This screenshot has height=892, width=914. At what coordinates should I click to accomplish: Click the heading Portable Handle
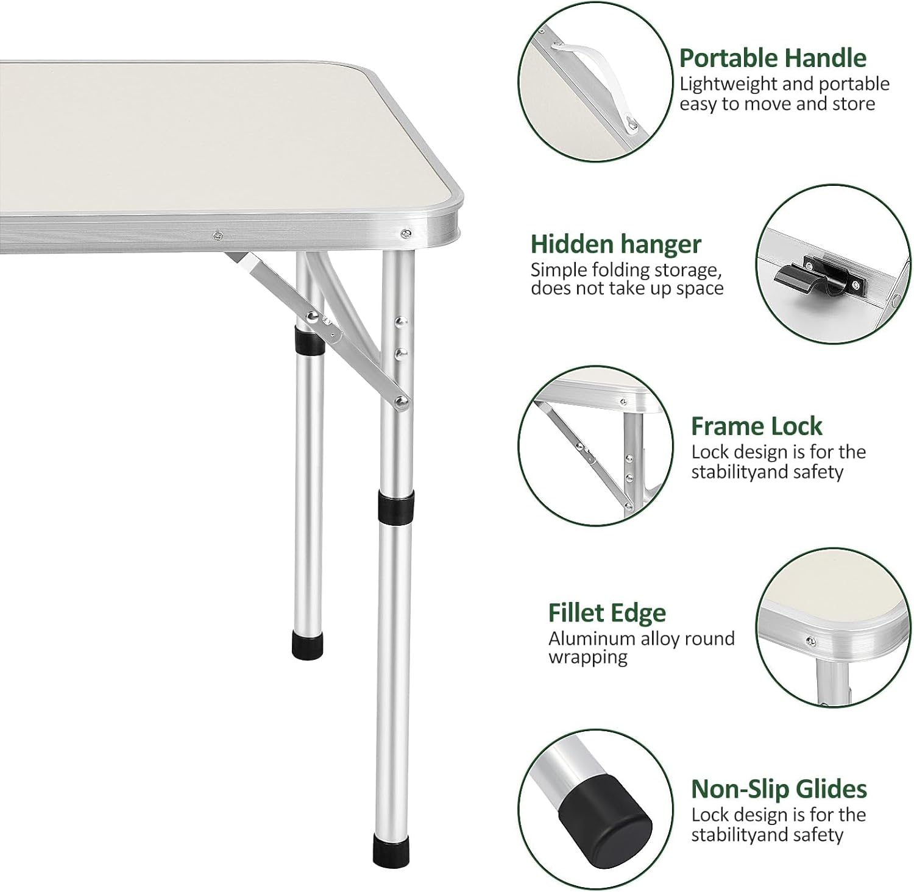click(772, 58)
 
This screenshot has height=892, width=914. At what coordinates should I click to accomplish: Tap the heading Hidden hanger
click(615, 244)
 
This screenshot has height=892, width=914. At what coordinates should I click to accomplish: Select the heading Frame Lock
click(756, 427)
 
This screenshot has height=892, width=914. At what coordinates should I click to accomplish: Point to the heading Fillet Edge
click(607, 613)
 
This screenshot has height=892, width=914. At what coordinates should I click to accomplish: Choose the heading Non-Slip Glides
click(778, 789)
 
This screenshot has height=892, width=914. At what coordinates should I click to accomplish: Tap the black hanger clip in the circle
click(798, 280)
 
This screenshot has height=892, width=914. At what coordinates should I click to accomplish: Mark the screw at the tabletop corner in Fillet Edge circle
click(810, 640)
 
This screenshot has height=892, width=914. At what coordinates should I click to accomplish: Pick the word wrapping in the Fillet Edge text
click(587, 657)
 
